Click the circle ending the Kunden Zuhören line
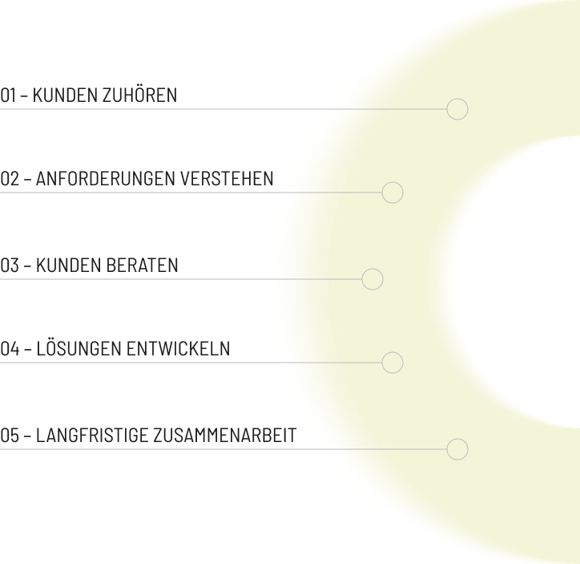click(447, 109)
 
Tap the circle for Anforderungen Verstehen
click(382, 193)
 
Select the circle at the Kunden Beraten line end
click(362, 279)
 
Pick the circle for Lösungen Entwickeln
click(382, 363)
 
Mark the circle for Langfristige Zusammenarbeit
click(447, 449)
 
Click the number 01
click(8, 95)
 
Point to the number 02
click(10, 178)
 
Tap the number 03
click(10, 265)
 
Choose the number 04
click(10, 348)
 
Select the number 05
click(10, 435)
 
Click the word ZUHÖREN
click(140, 94)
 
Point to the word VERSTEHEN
click(227, 178)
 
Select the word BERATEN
click(142, 265)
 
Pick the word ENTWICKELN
click(179, 348)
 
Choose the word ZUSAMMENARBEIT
click(225, 435)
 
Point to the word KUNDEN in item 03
click(69, 265)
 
